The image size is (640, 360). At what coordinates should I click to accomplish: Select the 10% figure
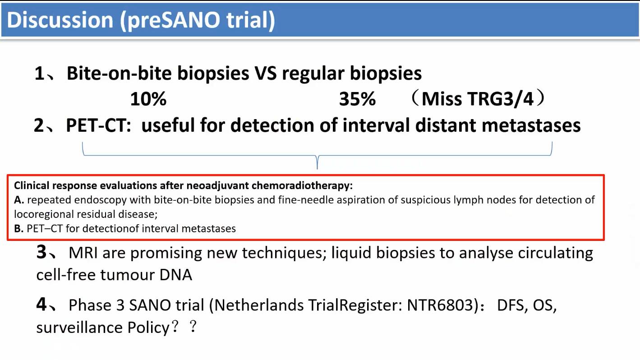tap(148, 99)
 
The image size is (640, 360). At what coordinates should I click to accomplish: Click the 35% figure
tap(357, 99)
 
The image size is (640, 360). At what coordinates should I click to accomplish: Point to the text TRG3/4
tap(500, 99)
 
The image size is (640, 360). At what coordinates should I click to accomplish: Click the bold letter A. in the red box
tap(19, 200)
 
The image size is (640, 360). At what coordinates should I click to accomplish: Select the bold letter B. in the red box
tap(19, 229)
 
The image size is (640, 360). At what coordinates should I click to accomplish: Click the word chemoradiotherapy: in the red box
tap(302, 186)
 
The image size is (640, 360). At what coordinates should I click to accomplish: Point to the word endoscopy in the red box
tap(100, 200)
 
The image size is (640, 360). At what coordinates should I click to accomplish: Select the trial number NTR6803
tap(441, 305)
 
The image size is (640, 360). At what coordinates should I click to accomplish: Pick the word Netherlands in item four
tap(259, 305)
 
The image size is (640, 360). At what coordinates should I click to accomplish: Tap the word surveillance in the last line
tap(79, 328)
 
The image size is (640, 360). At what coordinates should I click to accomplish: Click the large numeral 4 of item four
tap(41, 304)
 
